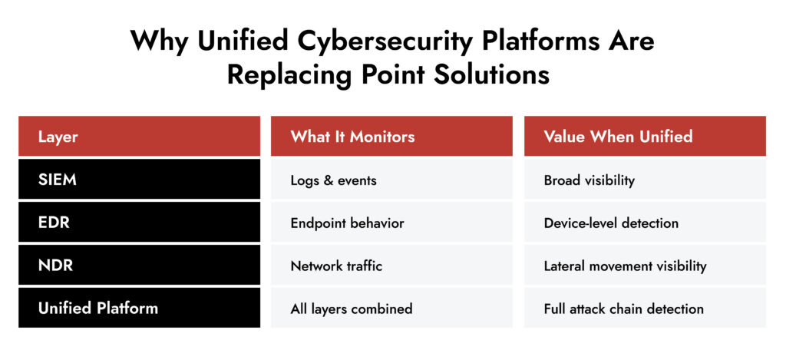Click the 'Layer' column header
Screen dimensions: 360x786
pyautogui.click(x=58, y=137)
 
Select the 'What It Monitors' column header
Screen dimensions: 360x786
pyautogui.click(x=352, y=137)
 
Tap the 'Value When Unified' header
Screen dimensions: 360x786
pyautogui.click(x=618, y=137)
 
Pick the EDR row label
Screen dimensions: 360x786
pyautogui.click(x=53, y=223)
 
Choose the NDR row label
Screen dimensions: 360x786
pyautogui.click(x=54, y=266)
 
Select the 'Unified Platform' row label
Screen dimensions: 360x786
pyautogui.click(x=98, y=308)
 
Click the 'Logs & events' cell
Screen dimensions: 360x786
pyautogui.click(x=333, y=180)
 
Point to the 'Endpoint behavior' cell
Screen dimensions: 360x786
pyautogui.click(x=347, y=223)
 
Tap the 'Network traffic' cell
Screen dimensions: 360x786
pyautogui.click(x=336, y=266)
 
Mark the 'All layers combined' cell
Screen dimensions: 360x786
pyautogui.click(x=351, y=309)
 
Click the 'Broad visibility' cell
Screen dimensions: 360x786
pyautogui.click(x=589, y=180)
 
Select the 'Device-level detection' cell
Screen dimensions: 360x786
pyautogui.click(x=611, y=223)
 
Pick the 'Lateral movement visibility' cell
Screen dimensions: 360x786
pyautogui.click(x=625, y=266)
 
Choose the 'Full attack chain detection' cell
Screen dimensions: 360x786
pyautogui.click(x=623, y=309)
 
